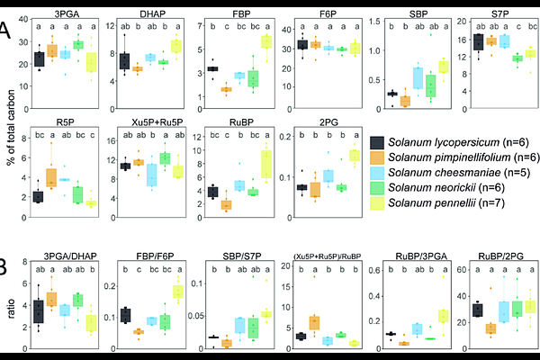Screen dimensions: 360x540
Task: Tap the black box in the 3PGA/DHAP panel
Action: (x=37, y=311)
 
